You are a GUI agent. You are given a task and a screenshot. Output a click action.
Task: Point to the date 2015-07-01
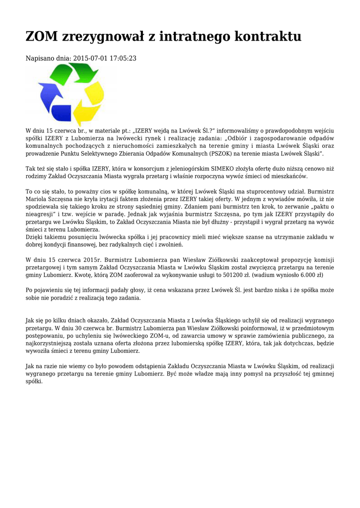click(91, 59)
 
